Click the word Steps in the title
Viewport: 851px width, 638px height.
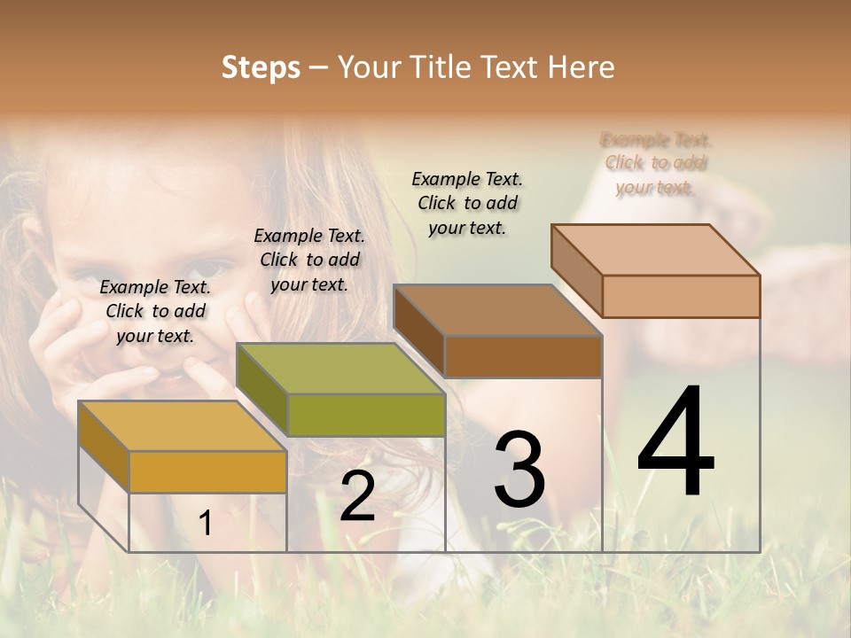(x=261, y=67)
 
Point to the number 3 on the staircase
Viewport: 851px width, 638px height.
(x=519, y=470)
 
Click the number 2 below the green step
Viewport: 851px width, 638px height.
(x=357, y=496)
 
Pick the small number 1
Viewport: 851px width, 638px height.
(x=205, y=524)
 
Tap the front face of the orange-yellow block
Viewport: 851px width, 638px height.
(x=207, y=471)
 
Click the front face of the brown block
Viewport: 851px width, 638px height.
(x=523, y=356)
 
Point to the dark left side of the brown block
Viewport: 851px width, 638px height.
(x=418, y=331)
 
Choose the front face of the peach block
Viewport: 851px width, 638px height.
(x=681, y=296)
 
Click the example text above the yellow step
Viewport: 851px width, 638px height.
(x=155, y=311)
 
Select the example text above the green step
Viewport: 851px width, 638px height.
(x=309, y=260)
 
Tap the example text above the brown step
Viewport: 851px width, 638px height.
(x=467, y=203)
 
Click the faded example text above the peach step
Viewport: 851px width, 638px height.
(x=656, y=163)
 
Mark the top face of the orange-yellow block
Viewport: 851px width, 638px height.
(x=183, y=426)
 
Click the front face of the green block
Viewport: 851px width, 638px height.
(x=366, y=415)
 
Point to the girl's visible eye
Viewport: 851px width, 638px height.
(x=208, y=269)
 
